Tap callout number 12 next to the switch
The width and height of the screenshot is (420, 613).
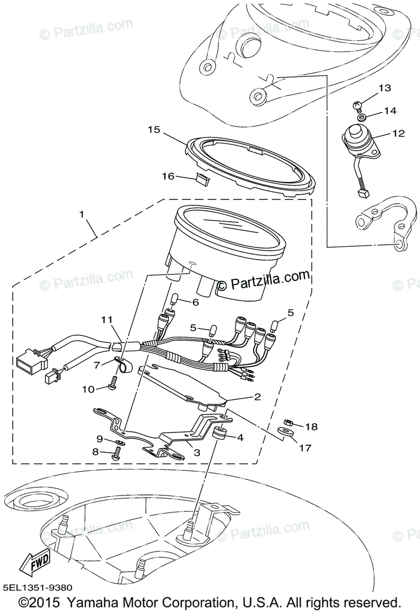coord(398,134)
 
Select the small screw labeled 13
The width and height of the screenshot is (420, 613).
coord(358,106)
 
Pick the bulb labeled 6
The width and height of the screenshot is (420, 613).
coord(174,298)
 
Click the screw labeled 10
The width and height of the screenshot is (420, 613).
coord(113,382)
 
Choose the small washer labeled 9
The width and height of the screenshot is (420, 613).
coord(117,441)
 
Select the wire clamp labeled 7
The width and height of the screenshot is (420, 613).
coord(121,365)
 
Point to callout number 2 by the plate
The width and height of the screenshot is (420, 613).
coord(257,396)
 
